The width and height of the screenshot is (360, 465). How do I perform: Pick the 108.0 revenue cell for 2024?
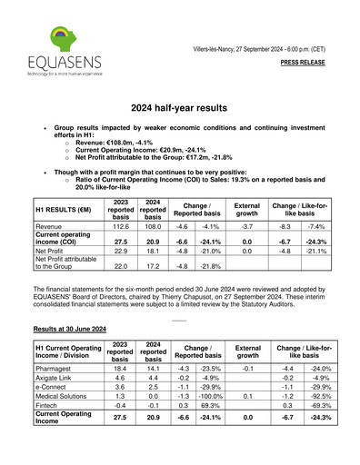tap(152, 225)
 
